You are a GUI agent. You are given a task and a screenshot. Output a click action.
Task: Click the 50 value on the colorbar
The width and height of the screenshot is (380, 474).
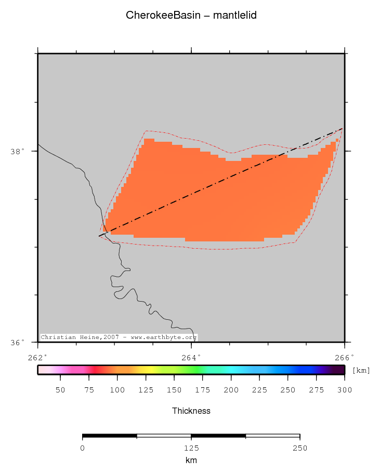(60, 390)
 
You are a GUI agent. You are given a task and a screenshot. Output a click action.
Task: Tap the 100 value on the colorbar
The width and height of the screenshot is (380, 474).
(117, 390)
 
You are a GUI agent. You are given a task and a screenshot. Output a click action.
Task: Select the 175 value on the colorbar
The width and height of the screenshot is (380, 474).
(203, 390)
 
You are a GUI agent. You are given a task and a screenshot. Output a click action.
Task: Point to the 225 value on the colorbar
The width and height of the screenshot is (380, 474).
(259, 390)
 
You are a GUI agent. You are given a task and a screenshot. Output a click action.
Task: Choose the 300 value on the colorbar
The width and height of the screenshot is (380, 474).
(345, 390)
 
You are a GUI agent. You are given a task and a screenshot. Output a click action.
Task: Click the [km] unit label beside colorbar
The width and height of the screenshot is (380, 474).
(361, 370)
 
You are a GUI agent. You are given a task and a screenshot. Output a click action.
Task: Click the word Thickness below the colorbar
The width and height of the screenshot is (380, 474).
(191, 411)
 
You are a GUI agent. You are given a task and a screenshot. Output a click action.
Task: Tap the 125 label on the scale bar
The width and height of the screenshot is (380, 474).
(191, 448)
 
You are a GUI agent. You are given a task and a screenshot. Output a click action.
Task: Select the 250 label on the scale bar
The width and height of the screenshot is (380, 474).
(300, 448)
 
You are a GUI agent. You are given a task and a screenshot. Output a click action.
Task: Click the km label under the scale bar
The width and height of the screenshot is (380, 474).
(191, 460)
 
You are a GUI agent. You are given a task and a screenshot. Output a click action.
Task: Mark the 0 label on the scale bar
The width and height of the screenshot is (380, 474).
(83, 448)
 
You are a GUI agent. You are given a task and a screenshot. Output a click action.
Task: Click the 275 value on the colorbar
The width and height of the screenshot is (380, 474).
(316, 390)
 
